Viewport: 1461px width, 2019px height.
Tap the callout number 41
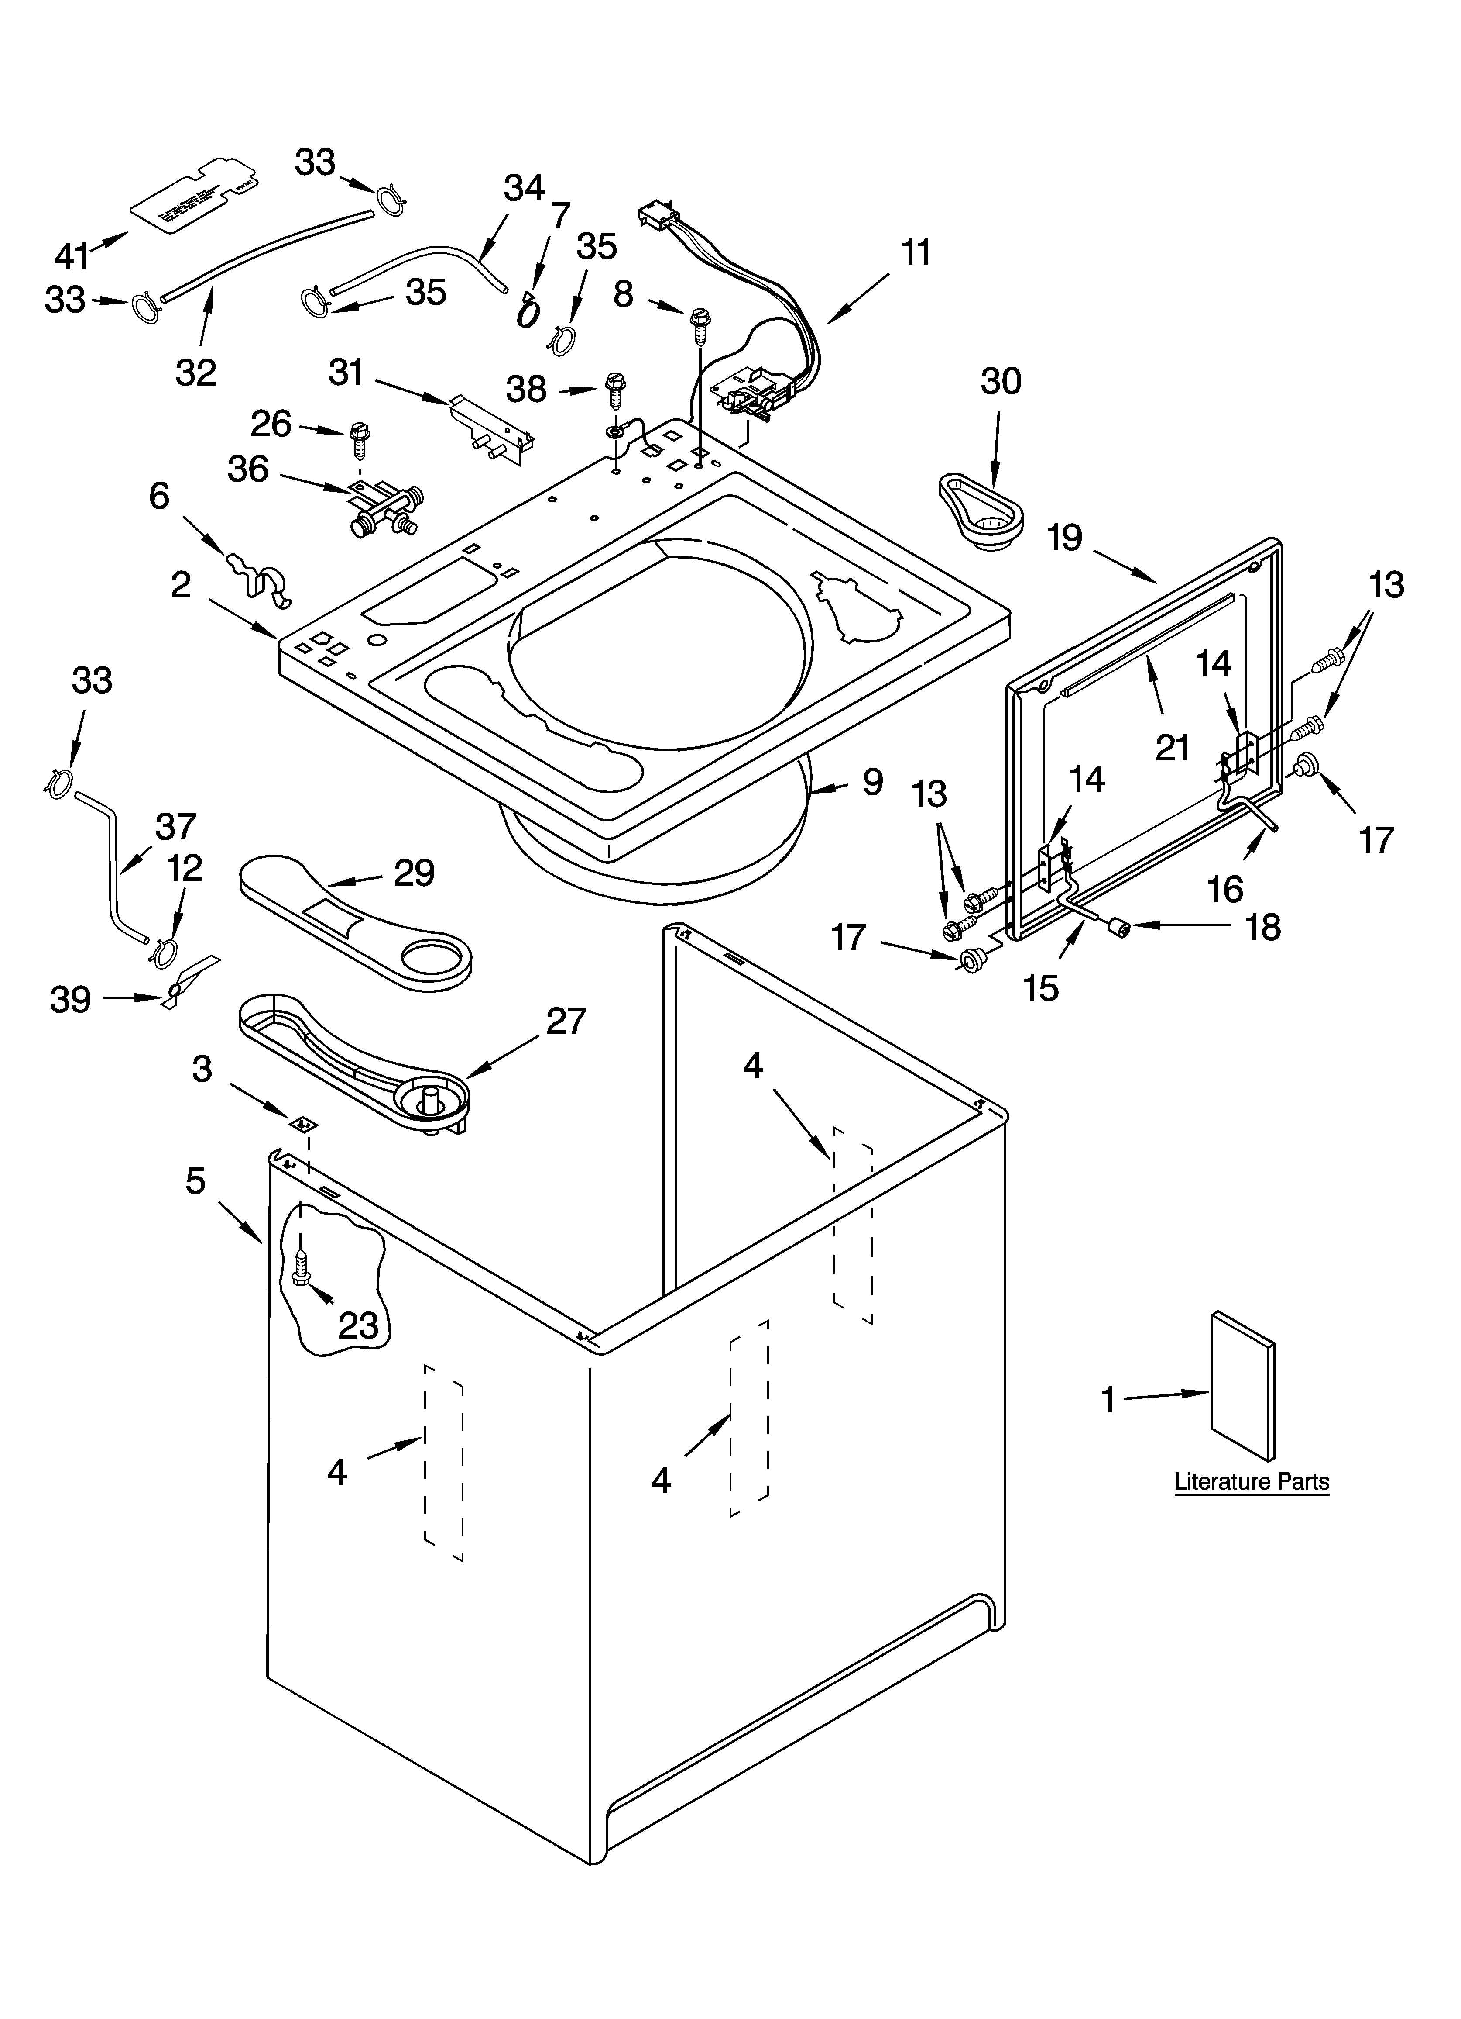click(71, 256)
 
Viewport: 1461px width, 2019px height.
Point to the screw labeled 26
click(360, 436)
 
